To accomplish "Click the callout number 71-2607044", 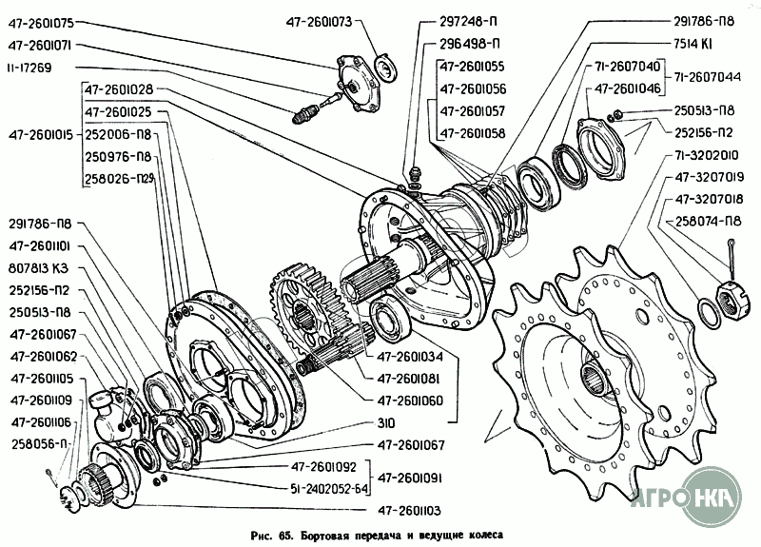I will tap(710, 75).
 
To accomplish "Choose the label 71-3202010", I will tap(710, 154).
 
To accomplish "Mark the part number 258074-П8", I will tap(709, 221).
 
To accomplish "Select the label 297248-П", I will tap(470, 21).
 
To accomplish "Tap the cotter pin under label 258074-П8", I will tap(732, 251).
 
